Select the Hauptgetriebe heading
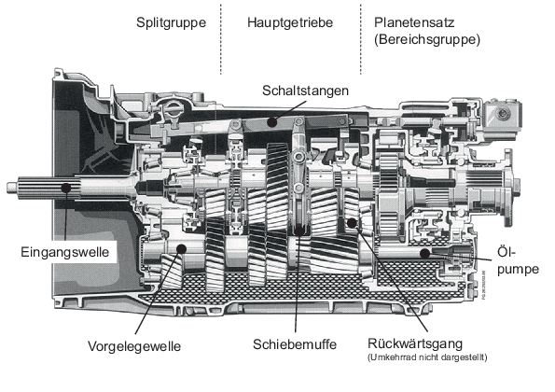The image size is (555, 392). [x=290, y=21]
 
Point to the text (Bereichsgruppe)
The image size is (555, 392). [x=425, y=40]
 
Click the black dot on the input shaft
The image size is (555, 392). [x=66, y=189]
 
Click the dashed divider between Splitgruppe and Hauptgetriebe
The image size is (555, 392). [x=221, y=37]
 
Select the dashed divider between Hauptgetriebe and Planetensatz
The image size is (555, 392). [x=359, y=37]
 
